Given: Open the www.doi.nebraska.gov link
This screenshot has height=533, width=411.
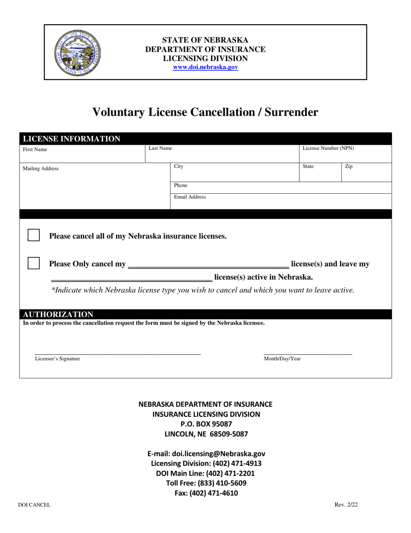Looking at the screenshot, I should (205, 68).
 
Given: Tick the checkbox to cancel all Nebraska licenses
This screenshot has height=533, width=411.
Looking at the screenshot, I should (34, 235).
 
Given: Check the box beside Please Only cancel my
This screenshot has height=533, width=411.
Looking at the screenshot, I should (34, 263).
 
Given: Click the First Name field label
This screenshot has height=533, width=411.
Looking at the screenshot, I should (35, 149).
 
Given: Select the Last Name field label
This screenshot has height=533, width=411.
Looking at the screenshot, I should (161, 148).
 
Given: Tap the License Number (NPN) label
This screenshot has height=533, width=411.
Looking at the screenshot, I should (328, 148).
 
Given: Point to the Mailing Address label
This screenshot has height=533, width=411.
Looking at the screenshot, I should (41, 169).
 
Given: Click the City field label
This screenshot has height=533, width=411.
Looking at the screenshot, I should (179, 166).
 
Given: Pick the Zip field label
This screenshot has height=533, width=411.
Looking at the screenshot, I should (349, 166).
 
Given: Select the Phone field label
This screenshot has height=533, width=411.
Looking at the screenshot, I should (181, 185).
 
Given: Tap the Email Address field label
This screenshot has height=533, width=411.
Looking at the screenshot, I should (190, 197).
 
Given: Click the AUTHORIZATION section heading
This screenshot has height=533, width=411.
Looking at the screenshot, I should (58, 314).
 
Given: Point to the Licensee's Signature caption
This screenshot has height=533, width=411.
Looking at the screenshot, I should (58, 359).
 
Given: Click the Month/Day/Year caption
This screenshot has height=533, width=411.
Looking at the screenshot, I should (283, 359).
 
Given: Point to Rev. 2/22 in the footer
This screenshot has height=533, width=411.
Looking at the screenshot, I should (346, 504).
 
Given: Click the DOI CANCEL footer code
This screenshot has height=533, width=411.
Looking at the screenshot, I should (34, 505).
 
